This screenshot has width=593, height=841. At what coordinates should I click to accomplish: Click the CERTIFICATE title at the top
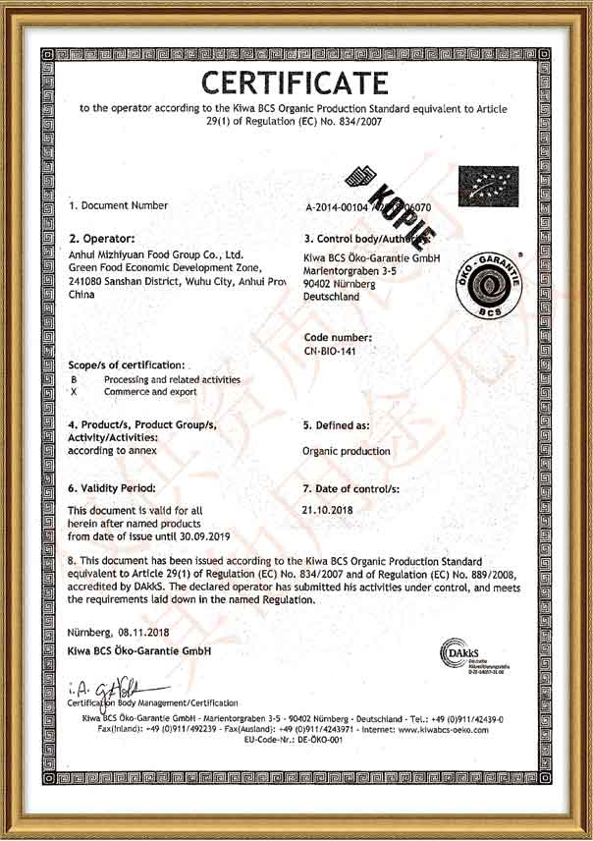point(296,80)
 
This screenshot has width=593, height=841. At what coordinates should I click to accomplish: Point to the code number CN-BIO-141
point(339,351)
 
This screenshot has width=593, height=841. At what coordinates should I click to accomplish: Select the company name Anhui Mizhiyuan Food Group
point(156,253)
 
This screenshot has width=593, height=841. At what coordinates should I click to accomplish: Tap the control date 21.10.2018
point(329,510)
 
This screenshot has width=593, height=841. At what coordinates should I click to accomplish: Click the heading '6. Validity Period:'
point(112,487)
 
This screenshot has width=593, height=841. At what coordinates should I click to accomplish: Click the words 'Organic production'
point(347,452)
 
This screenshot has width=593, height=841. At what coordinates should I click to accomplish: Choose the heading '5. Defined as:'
point(337,425)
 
